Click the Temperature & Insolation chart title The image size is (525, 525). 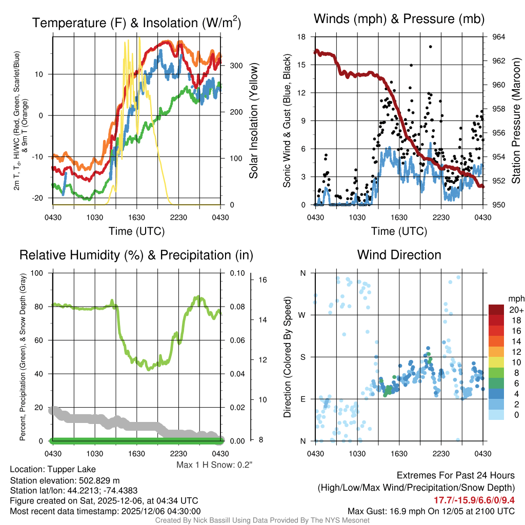136,23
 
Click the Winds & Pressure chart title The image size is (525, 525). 399,19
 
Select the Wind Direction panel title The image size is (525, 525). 399,255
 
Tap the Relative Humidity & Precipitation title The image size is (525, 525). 136,255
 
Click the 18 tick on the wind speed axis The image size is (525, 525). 301,37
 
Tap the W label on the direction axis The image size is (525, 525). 302,315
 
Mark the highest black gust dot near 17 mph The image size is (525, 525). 431,47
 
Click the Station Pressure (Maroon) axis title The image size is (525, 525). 516,120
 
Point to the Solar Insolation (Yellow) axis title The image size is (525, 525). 253,120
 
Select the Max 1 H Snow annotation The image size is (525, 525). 214,465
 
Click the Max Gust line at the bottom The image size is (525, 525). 431,511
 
